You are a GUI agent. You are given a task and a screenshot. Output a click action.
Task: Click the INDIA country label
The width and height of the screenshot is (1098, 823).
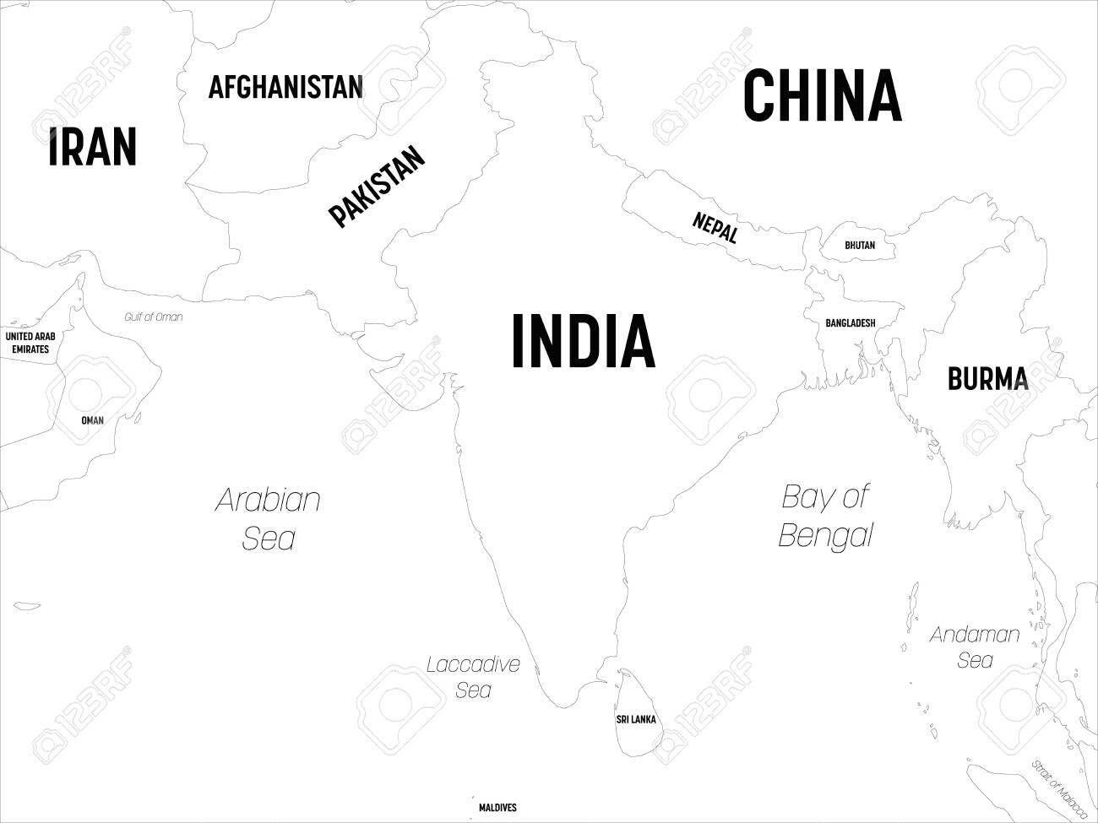[583, 341]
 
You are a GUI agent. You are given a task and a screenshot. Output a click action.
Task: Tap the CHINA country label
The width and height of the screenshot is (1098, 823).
[822, 96]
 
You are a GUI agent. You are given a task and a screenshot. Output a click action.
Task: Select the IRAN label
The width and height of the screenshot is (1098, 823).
[92, 147]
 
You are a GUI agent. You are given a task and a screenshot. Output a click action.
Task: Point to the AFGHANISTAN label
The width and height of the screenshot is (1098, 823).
[285, 87]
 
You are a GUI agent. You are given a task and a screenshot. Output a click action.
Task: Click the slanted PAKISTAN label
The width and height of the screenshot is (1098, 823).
[377, 187]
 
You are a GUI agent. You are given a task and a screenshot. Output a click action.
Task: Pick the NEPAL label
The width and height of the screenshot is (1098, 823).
[715, 227]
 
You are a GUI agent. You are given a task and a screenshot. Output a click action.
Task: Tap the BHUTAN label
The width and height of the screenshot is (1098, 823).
[860, 246]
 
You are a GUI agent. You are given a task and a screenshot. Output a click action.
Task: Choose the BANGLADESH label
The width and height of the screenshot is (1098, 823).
[851, 323]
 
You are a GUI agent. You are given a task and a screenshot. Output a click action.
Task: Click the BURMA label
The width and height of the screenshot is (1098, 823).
[987, 379]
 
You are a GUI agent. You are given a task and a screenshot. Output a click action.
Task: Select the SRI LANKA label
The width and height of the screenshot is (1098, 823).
[635, 720]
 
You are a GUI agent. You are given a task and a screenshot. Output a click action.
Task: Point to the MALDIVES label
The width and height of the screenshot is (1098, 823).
[497, 808]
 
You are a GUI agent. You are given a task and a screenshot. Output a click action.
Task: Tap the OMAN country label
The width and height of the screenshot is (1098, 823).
[92, 420]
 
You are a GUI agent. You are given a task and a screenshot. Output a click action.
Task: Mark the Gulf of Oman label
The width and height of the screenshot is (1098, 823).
[153, 317]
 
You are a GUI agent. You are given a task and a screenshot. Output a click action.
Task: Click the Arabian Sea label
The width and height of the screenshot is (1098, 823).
[269, 518]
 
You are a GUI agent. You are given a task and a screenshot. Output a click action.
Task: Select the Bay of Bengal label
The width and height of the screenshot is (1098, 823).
[825, 515]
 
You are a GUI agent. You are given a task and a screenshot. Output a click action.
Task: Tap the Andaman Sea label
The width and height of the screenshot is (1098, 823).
[975, 647]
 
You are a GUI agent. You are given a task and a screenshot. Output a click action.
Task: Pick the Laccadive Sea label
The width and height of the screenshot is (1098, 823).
[473, 677]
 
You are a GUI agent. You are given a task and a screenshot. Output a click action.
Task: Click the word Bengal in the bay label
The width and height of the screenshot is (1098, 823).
[825, 535]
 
